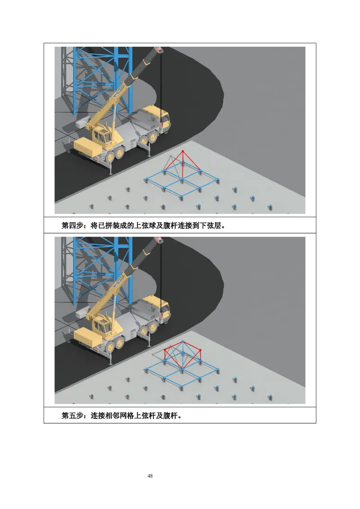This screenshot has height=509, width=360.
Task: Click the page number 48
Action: click(150, 476)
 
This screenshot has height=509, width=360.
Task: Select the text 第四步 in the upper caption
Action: click(72, 225)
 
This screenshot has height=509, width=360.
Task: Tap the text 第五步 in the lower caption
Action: click(72, 415)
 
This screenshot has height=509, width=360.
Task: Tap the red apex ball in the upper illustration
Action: click(183, 151)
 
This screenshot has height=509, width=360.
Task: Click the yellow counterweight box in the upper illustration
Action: click(88, 147)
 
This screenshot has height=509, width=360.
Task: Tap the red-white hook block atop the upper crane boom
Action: click(159, 49)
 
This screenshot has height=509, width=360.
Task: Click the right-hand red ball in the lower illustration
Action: click(200, 350)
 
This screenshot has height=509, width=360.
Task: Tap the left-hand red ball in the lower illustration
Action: click(165, 350)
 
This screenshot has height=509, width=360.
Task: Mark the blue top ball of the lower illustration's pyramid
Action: click(183, 341)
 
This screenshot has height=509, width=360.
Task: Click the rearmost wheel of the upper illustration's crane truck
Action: click(111, 156)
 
